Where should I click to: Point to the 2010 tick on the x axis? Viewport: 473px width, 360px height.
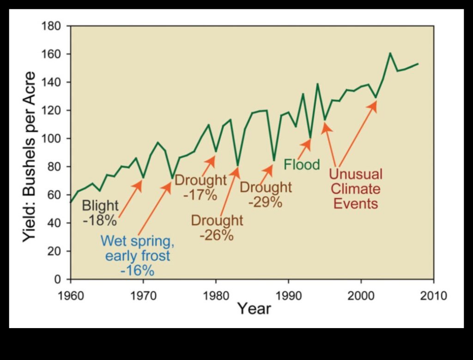click(x=433, y=295)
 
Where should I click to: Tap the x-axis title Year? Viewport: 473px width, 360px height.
click(x=254, y=308)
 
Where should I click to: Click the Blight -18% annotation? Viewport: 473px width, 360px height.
click(x=100, y=213)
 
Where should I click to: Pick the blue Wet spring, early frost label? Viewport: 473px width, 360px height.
click(x=137, y=256)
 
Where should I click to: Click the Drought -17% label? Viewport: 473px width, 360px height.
click(x=200, y=187)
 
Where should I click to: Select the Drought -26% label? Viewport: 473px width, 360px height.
click(x=217, y=227)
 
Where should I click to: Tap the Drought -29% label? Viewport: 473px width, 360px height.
click(x=266, y=195)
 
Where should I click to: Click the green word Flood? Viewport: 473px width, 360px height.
click(x=302, y=165)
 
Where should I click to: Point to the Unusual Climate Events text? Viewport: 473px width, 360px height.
click(x=356, y=189)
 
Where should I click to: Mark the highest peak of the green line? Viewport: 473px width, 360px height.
click(x=390, y=53)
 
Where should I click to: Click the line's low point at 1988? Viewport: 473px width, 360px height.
click(x=274, y=160)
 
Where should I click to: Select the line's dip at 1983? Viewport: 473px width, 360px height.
click(x=238, y=165)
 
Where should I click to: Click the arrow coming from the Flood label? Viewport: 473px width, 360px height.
click(x=304, y=147)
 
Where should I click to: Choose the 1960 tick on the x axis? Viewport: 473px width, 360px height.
click(x=71, y=295)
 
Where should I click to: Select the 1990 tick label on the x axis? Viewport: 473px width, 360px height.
click(x=288, y=295)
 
